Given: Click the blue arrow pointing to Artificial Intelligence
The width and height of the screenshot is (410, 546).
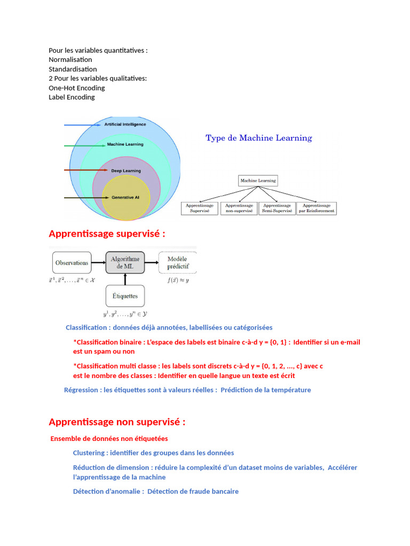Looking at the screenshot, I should coord(83,125).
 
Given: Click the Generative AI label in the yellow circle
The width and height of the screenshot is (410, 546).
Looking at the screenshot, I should coord(126,197).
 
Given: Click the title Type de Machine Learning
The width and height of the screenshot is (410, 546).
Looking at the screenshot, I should coord(259,138).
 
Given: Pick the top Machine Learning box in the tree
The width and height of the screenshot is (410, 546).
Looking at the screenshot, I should coord(258,181).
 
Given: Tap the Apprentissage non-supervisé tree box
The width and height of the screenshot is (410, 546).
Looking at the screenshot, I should coord(239,208).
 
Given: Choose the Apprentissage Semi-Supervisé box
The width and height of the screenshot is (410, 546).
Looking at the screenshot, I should coord(278,208).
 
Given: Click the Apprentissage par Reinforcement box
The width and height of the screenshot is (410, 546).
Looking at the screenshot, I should coord(317,208).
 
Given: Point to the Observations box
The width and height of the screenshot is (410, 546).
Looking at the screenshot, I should coord(72,263).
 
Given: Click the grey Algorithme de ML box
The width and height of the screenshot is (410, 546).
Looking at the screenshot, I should coord(124,263).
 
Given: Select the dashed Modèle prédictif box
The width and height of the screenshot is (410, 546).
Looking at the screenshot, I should coord(178,263).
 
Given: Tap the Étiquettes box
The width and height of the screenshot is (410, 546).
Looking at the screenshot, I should coord(124,296).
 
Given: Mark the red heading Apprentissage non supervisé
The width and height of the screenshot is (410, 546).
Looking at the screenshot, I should coord(117,422).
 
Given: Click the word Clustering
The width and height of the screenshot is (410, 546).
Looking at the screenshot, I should coord(89,453).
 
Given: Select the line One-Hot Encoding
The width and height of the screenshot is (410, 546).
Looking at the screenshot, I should coord(77,88).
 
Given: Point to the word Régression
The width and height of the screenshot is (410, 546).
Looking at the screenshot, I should coord(81,390).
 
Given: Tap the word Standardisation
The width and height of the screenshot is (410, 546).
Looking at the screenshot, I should coord(73,69).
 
